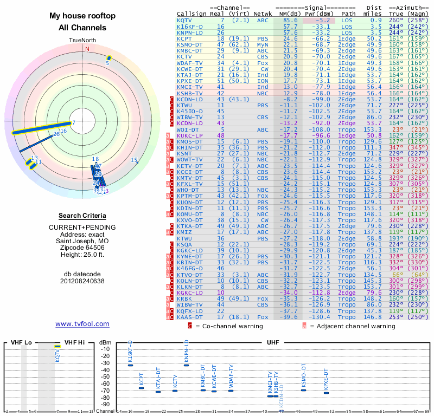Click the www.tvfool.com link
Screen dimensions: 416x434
coord(82,324)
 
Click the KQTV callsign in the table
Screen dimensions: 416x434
coord(184,19)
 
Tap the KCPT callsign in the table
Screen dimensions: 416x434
coord(184,38)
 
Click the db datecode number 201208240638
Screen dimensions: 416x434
coord(82,281)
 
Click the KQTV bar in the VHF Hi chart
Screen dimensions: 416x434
coord(58,346)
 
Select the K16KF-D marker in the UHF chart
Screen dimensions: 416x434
coord(130,365)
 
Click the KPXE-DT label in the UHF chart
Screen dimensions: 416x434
coord(326,379)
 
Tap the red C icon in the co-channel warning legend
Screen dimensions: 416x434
coord(189,326)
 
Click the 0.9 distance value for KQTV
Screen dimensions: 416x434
coord(375,19)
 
